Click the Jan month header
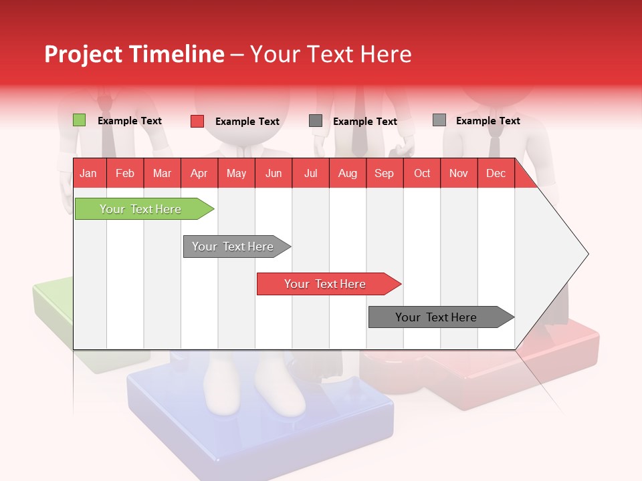89,173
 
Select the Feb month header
125,173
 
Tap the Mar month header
162,173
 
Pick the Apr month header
199,173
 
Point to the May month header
236,173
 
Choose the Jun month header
274,173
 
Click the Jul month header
310,173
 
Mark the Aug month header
348,173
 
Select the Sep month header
385,173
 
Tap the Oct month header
422,173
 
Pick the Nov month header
459,173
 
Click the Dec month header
496,173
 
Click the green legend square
80,120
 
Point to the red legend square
197,121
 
